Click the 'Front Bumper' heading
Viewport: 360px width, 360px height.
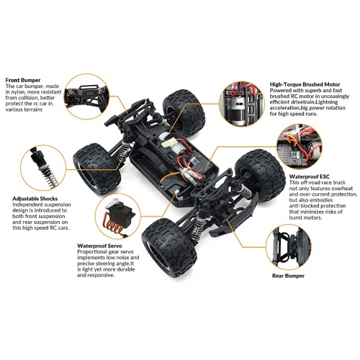coord(23,80)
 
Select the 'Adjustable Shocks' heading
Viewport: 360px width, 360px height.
coord(35,199)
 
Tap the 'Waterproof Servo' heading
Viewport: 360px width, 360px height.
coord(99,246)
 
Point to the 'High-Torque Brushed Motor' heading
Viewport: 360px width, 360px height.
coord(305,84)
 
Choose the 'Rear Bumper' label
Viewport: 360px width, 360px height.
coord(288,276)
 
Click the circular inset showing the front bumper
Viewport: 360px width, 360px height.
coord(87,96)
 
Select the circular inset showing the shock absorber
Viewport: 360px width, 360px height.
coord(43,167)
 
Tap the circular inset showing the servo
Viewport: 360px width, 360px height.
coord(118,216)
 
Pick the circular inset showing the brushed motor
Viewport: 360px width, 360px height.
coord(242,104)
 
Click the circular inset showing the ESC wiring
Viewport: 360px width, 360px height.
coord(300,146)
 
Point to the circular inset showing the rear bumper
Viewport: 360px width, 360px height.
coord(288,247)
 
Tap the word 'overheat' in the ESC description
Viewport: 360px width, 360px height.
coord(342,189)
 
